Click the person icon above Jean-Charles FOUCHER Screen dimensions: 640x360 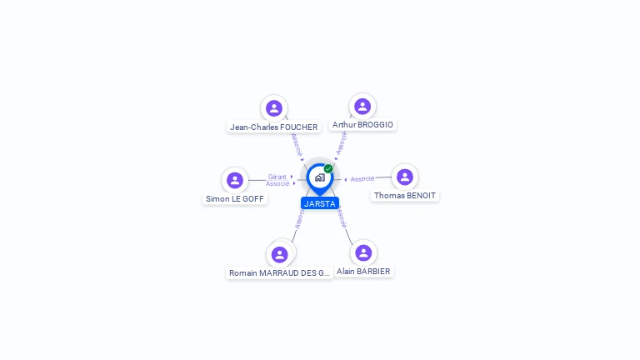pyautogui.click(x=274, y=108)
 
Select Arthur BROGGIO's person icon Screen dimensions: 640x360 pyautogui.click(x=362, y=107)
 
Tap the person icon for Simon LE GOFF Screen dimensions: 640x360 pyautogui.click(x=235, y=180)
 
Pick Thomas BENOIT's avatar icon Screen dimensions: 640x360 pyautogui.click(x=405, y=177)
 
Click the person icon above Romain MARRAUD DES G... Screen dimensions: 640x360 pyautogui.click(x=280, y=254)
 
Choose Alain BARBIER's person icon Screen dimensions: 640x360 pyautogui.click(x=363, y=252)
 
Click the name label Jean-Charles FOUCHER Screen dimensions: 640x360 pyautogui.click(x=274, y=127)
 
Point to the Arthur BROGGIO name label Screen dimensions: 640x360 pyautogui.click(x=362, y=125)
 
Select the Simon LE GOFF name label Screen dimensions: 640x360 pyautogui.click(x=235, y=199)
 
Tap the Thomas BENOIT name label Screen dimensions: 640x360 pyautogui.click(x=405, y=196)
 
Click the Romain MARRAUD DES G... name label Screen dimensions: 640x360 pyautogui.click(x=280, y=273)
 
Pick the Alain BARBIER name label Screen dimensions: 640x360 pyautogui.click(x=363, y=272)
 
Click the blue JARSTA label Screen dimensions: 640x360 pyautogui.click(x=320, y=203)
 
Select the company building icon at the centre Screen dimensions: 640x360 pyautogui.click(x=319, y=177)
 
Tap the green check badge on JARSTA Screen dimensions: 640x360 pyautogui.click(x=328, y=168)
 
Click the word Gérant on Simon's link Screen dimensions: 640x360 pyautogui.click(x=277, y=177)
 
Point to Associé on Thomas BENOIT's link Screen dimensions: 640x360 pyautogui.click(x=362, y=179)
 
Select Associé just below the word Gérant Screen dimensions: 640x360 pyautogui.click(x=277, y=183)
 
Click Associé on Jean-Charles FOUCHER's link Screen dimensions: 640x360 pyautogui.click(x=297, y=144)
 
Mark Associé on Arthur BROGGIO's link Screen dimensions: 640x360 pyautogui.click(x=342, y=142)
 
